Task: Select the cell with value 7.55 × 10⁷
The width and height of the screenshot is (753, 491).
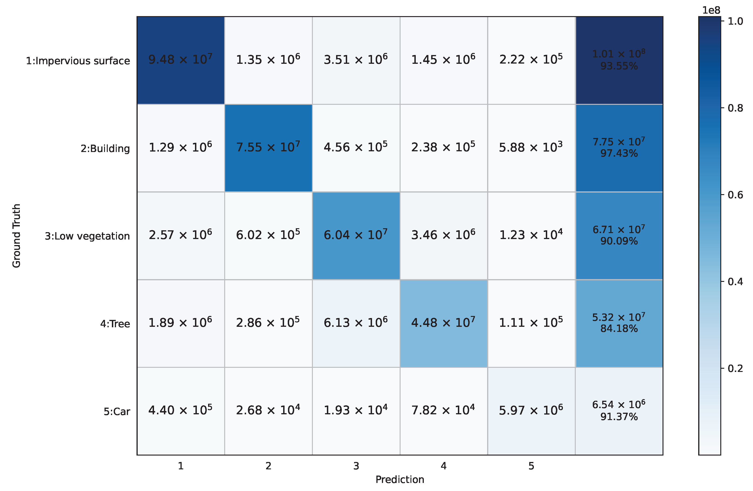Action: pos(268,148)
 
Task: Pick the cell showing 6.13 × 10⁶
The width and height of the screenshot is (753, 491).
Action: pos(356,323)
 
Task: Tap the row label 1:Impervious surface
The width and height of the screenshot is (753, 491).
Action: pos(78,61)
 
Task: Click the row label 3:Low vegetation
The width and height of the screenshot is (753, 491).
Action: pos(87,236)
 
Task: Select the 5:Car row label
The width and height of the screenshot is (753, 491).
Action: pos(117,412)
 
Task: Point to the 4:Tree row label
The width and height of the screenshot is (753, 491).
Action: pos(115,324)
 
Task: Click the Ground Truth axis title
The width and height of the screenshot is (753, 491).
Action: pos(16,236)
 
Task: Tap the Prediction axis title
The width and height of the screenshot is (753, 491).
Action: pos(400,480)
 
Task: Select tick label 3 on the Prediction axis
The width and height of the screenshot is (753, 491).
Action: pos(356,466)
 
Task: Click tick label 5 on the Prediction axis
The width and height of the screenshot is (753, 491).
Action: pos(531,466)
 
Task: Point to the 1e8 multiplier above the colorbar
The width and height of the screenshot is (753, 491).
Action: pos(711,10)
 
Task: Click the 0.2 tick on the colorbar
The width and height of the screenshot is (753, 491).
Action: pos(735,368)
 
